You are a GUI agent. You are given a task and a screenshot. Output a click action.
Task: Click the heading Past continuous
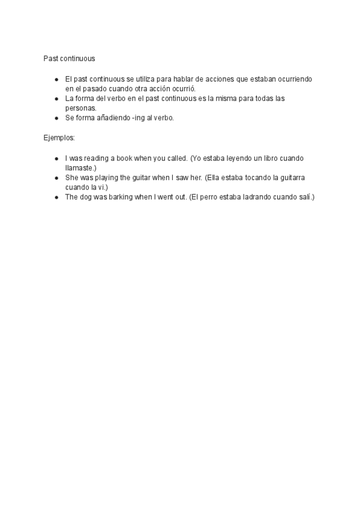69,59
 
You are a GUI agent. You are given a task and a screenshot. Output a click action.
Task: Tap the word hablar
183,79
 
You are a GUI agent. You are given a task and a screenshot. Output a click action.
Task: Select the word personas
80,107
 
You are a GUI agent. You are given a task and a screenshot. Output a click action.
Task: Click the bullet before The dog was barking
56,197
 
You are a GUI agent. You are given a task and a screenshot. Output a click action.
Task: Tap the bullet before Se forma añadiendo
56,118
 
